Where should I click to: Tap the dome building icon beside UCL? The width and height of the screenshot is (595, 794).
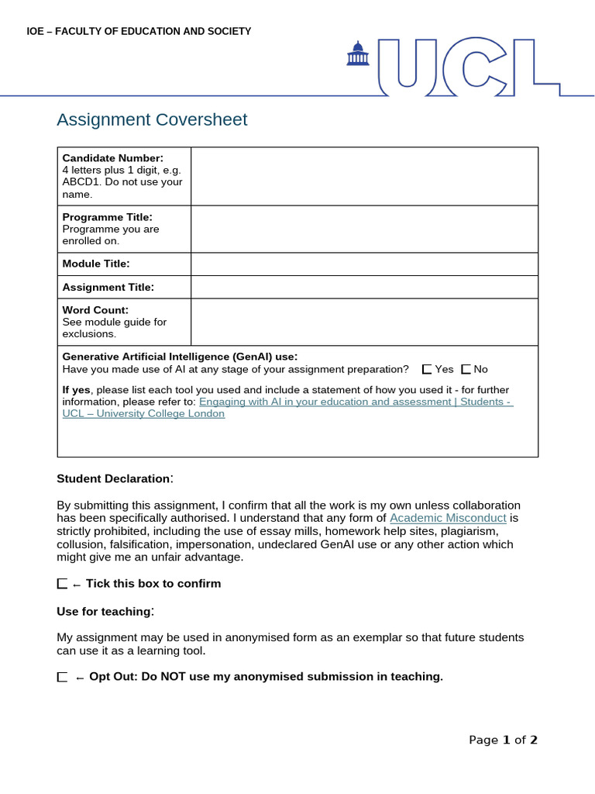(x=357, y=54)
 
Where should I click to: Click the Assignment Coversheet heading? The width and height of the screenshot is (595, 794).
(x=152, y=119)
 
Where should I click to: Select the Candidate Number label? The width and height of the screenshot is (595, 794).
(x=112, y=158)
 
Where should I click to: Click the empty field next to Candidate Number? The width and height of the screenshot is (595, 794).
(x=364, y=176)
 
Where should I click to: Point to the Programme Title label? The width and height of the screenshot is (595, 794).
(x=107, y=217)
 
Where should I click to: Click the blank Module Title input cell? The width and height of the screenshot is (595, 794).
(x=364, y=264)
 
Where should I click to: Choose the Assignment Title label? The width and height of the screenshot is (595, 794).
(x=108, y=287)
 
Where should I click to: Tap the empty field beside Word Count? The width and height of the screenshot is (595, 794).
(x=364, y=322)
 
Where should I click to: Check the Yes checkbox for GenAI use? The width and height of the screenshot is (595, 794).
(x=427, y=370)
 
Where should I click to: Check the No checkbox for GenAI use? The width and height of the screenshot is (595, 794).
(x=466, y=370)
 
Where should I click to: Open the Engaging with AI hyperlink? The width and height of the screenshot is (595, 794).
(x=356, y=402)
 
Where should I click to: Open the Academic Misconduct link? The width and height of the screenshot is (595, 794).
(x=448, y=517)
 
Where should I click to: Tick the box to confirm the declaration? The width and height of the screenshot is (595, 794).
(x=62, y=584)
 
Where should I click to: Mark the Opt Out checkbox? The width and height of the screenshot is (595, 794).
(x=62, y=677)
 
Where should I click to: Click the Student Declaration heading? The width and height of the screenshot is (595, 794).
(x=113, y=478)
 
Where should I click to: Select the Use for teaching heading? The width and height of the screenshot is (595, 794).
(x=104, y=612)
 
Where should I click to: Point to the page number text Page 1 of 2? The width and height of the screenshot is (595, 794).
(x=503, y=740)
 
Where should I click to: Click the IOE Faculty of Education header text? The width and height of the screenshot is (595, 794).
(x=139, y=31)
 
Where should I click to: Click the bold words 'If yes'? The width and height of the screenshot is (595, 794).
(x=76, y=389)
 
